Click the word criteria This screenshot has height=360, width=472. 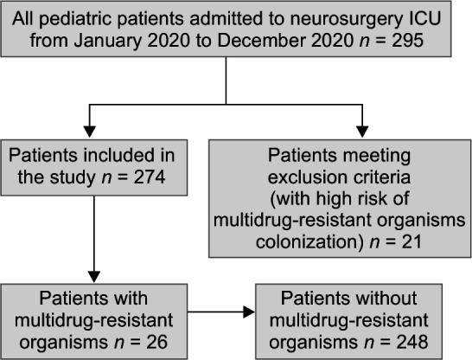[x=389, y=177]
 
